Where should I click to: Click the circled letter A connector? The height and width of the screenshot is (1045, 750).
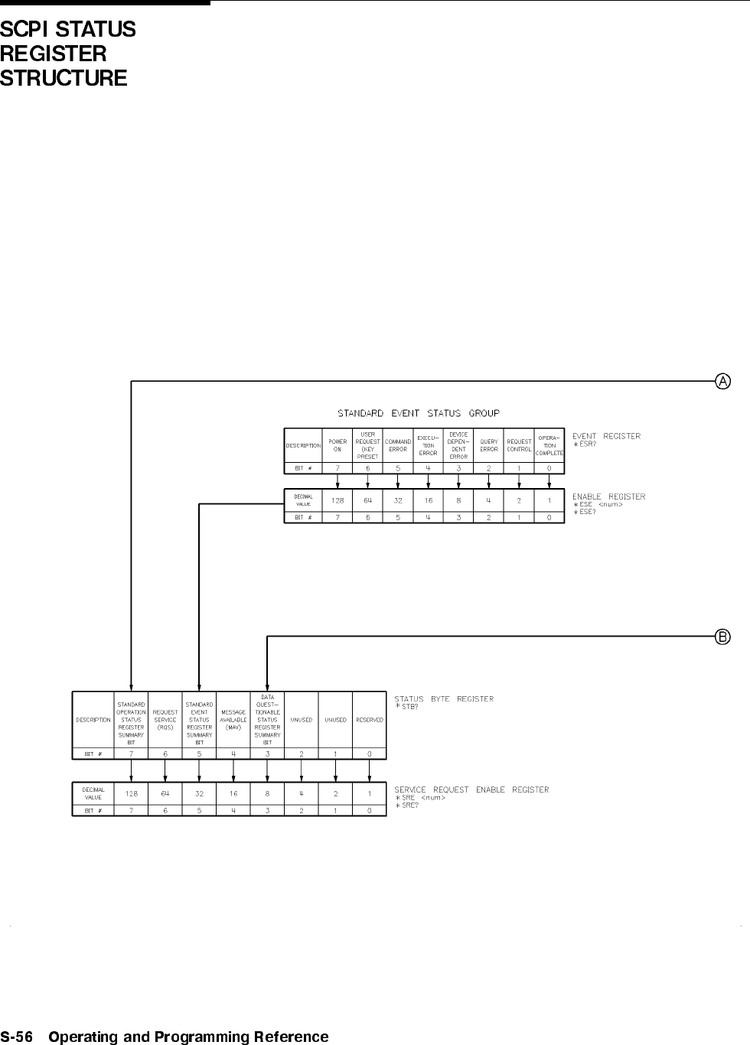click(722, 380)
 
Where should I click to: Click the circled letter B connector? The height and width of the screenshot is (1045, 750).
click(722, 636)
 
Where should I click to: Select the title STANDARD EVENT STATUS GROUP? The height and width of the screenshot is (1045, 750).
click(419, 413)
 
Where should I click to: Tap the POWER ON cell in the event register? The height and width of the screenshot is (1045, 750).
click(337, 445)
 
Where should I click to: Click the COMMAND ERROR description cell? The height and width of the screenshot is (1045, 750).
click(398, 445)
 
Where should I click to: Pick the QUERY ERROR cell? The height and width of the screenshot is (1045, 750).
click(489, 445)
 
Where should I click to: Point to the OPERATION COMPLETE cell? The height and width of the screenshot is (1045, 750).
click(549, 445)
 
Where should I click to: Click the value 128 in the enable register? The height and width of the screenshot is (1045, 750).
click(337, 500)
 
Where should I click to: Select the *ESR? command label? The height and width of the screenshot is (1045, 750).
click(586, 444)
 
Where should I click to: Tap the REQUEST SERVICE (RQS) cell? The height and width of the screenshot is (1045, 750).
click(165, 720)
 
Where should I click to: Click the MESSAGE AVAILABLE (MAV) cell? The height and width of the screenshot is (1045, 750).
click(233, 720)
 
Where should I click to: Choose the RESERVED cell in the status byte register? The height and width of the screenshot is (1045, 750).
click(370, 720)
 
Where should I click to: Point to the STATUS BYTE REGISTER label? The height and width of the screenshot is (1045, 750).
click(444, 698)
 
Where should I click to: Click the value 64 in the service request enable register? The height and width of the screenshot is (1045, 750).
click(165, 794)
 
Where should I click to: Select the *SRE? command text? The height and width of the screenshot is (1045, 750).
click(407, 806)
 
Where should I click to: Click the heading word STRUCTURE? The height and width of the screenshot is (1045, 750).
click(64, 78)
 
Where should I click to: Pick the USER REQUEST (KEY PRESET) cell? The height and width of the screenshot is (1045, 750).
click(367, 445)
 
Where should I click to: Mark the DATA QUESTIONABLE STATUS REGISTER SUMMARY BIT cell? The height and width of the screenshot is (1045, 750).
click(267, 720)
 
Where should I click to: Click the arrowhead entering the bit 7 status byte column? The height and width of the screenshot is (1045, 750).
click(132, 687)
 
